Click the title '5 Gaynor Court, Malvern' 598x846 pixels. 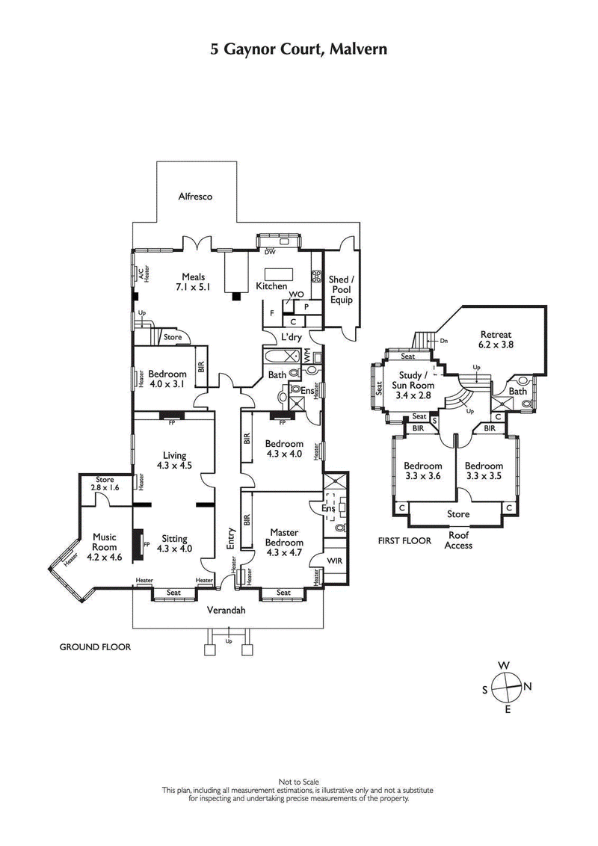(298, 50)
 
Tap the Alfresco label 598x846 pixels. (196, 197)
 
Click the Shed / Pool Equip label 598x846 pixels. (340, 290)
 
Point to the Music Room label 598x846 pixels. (105, 546)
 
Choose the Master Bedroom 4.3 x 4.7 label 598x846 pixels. (284, 543)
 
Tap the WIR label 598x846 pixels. (334, 559)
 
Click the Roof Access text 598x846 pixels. (458, 540)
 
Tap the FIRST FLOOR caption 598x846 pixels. (407, 540)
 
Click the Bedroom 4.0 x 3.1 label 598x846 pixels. (167, 379)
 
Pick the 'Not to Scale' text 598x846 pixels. (298, 781)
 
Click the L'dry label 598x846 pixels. (291, 337)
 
